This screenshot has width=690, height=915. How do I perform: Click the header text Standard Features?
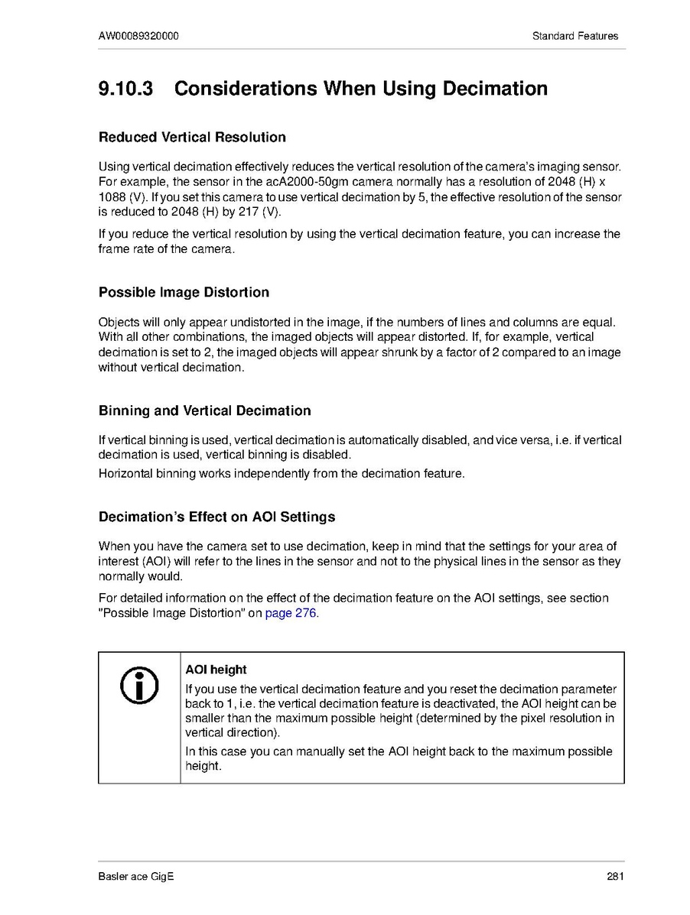575,36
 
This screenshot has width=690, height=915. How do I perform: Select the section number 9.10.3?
125,89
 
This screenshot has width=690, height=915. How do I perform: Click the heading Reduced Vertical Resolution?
192,138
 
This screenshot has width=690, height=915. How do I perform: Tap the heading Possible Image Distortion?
184,292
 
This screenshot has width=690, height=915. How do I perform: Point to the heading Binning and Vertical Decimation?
204,410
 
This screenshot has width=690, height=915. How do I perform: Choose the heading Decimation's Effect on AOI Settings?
216,517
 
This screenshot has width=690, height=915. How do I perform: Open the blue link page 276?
290,614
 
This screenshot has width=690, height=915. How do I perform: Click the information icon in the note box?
140,685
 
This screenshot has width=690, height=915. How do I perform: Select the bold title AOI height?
216,670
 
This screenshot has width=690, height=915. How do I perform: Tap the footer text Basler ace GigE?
136,877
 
